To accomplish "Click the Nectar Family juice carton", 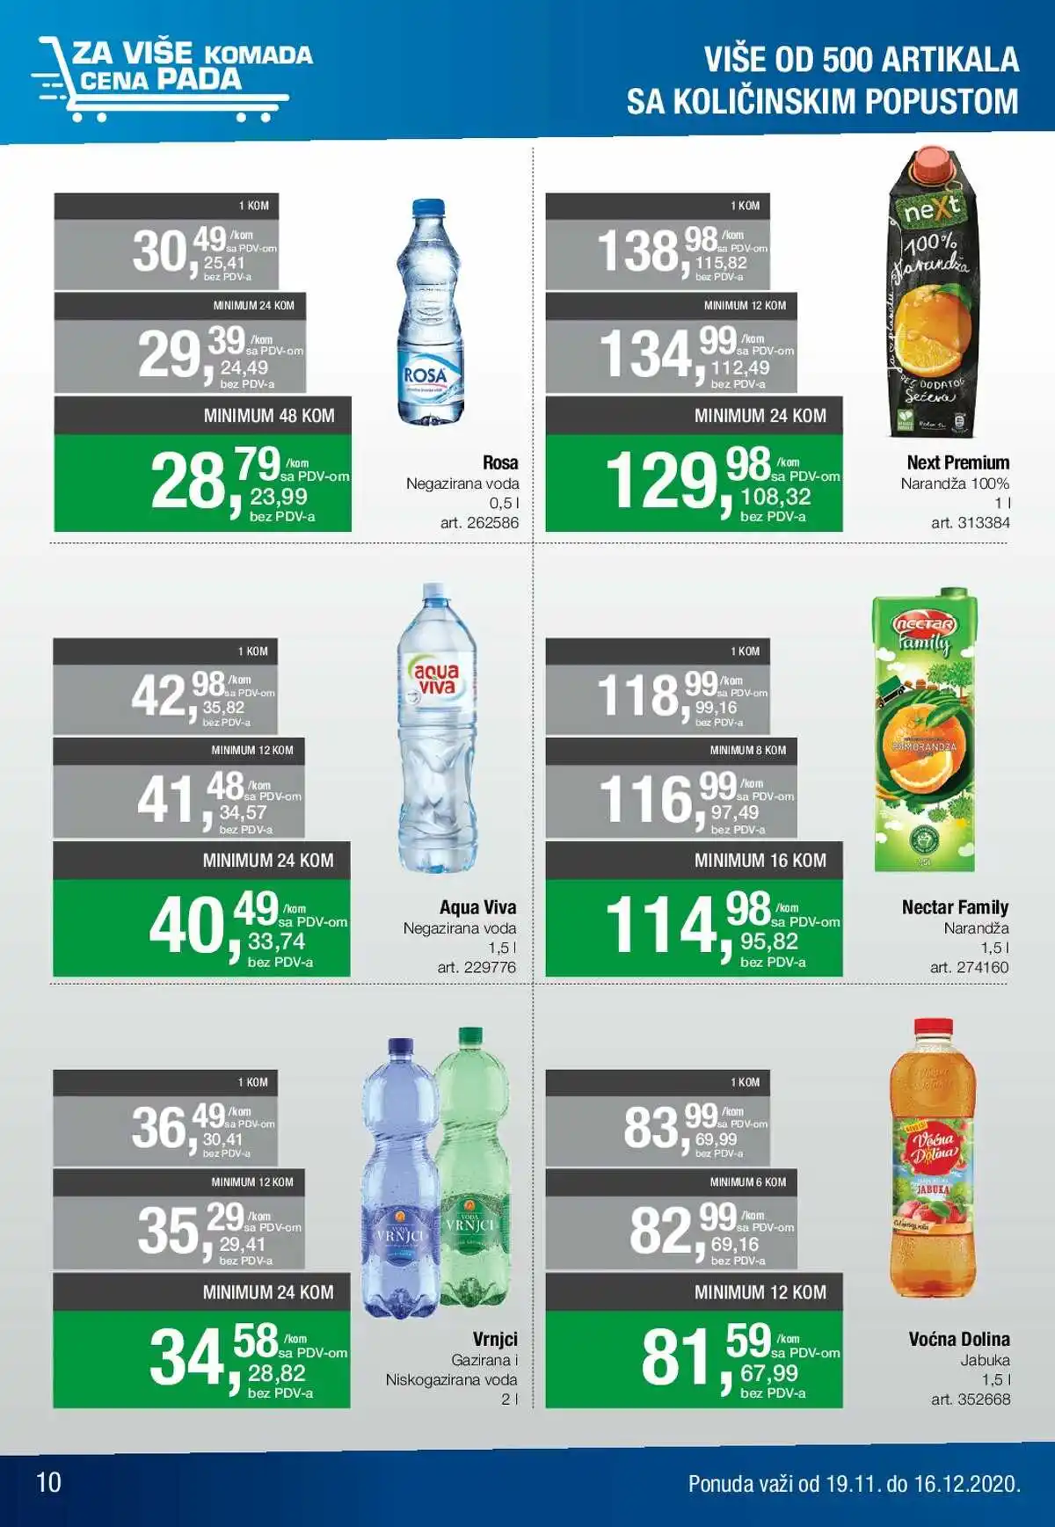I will pos(925,730).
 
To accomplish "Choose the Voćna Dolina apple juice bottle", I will pos(933,1160).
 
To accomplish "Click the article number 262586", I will pos(479,522).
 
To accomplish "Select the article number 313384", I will pos(971,522).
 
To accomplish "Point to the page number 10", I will pos(48,1482).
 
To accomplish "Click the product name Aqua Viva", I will pos(477,907).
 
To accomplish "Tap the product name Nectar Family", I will pos(955,907).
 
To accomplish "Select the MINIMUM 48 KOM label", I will pos(269,416).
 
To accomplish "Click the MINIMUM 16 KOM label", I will pos(760,861).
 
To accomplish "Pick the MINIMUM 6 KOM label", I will pos(748,1182).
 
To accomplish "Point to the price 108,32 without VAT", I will pos(775,497).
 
